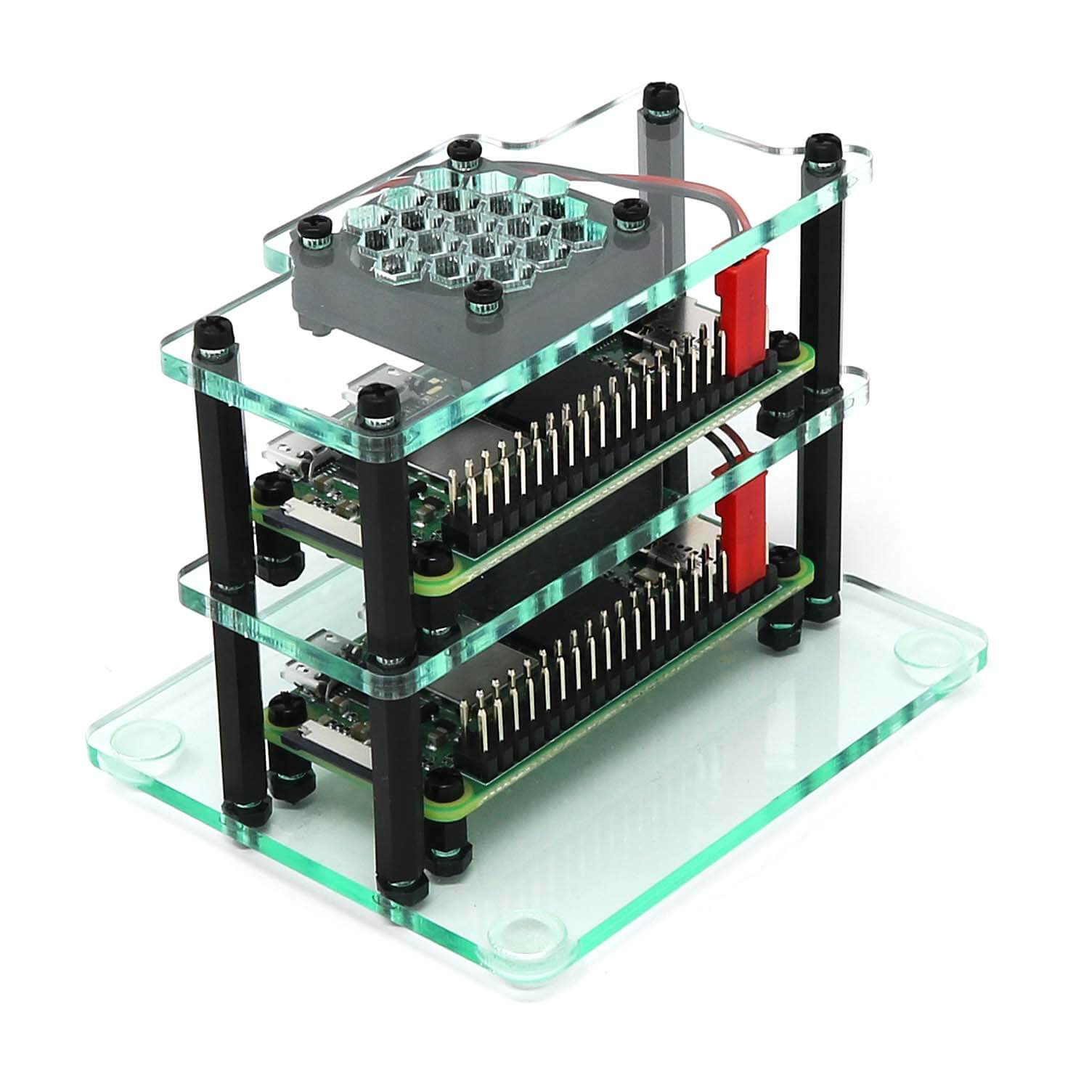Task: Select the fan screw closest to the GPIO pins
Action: (x=478, y=298)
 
